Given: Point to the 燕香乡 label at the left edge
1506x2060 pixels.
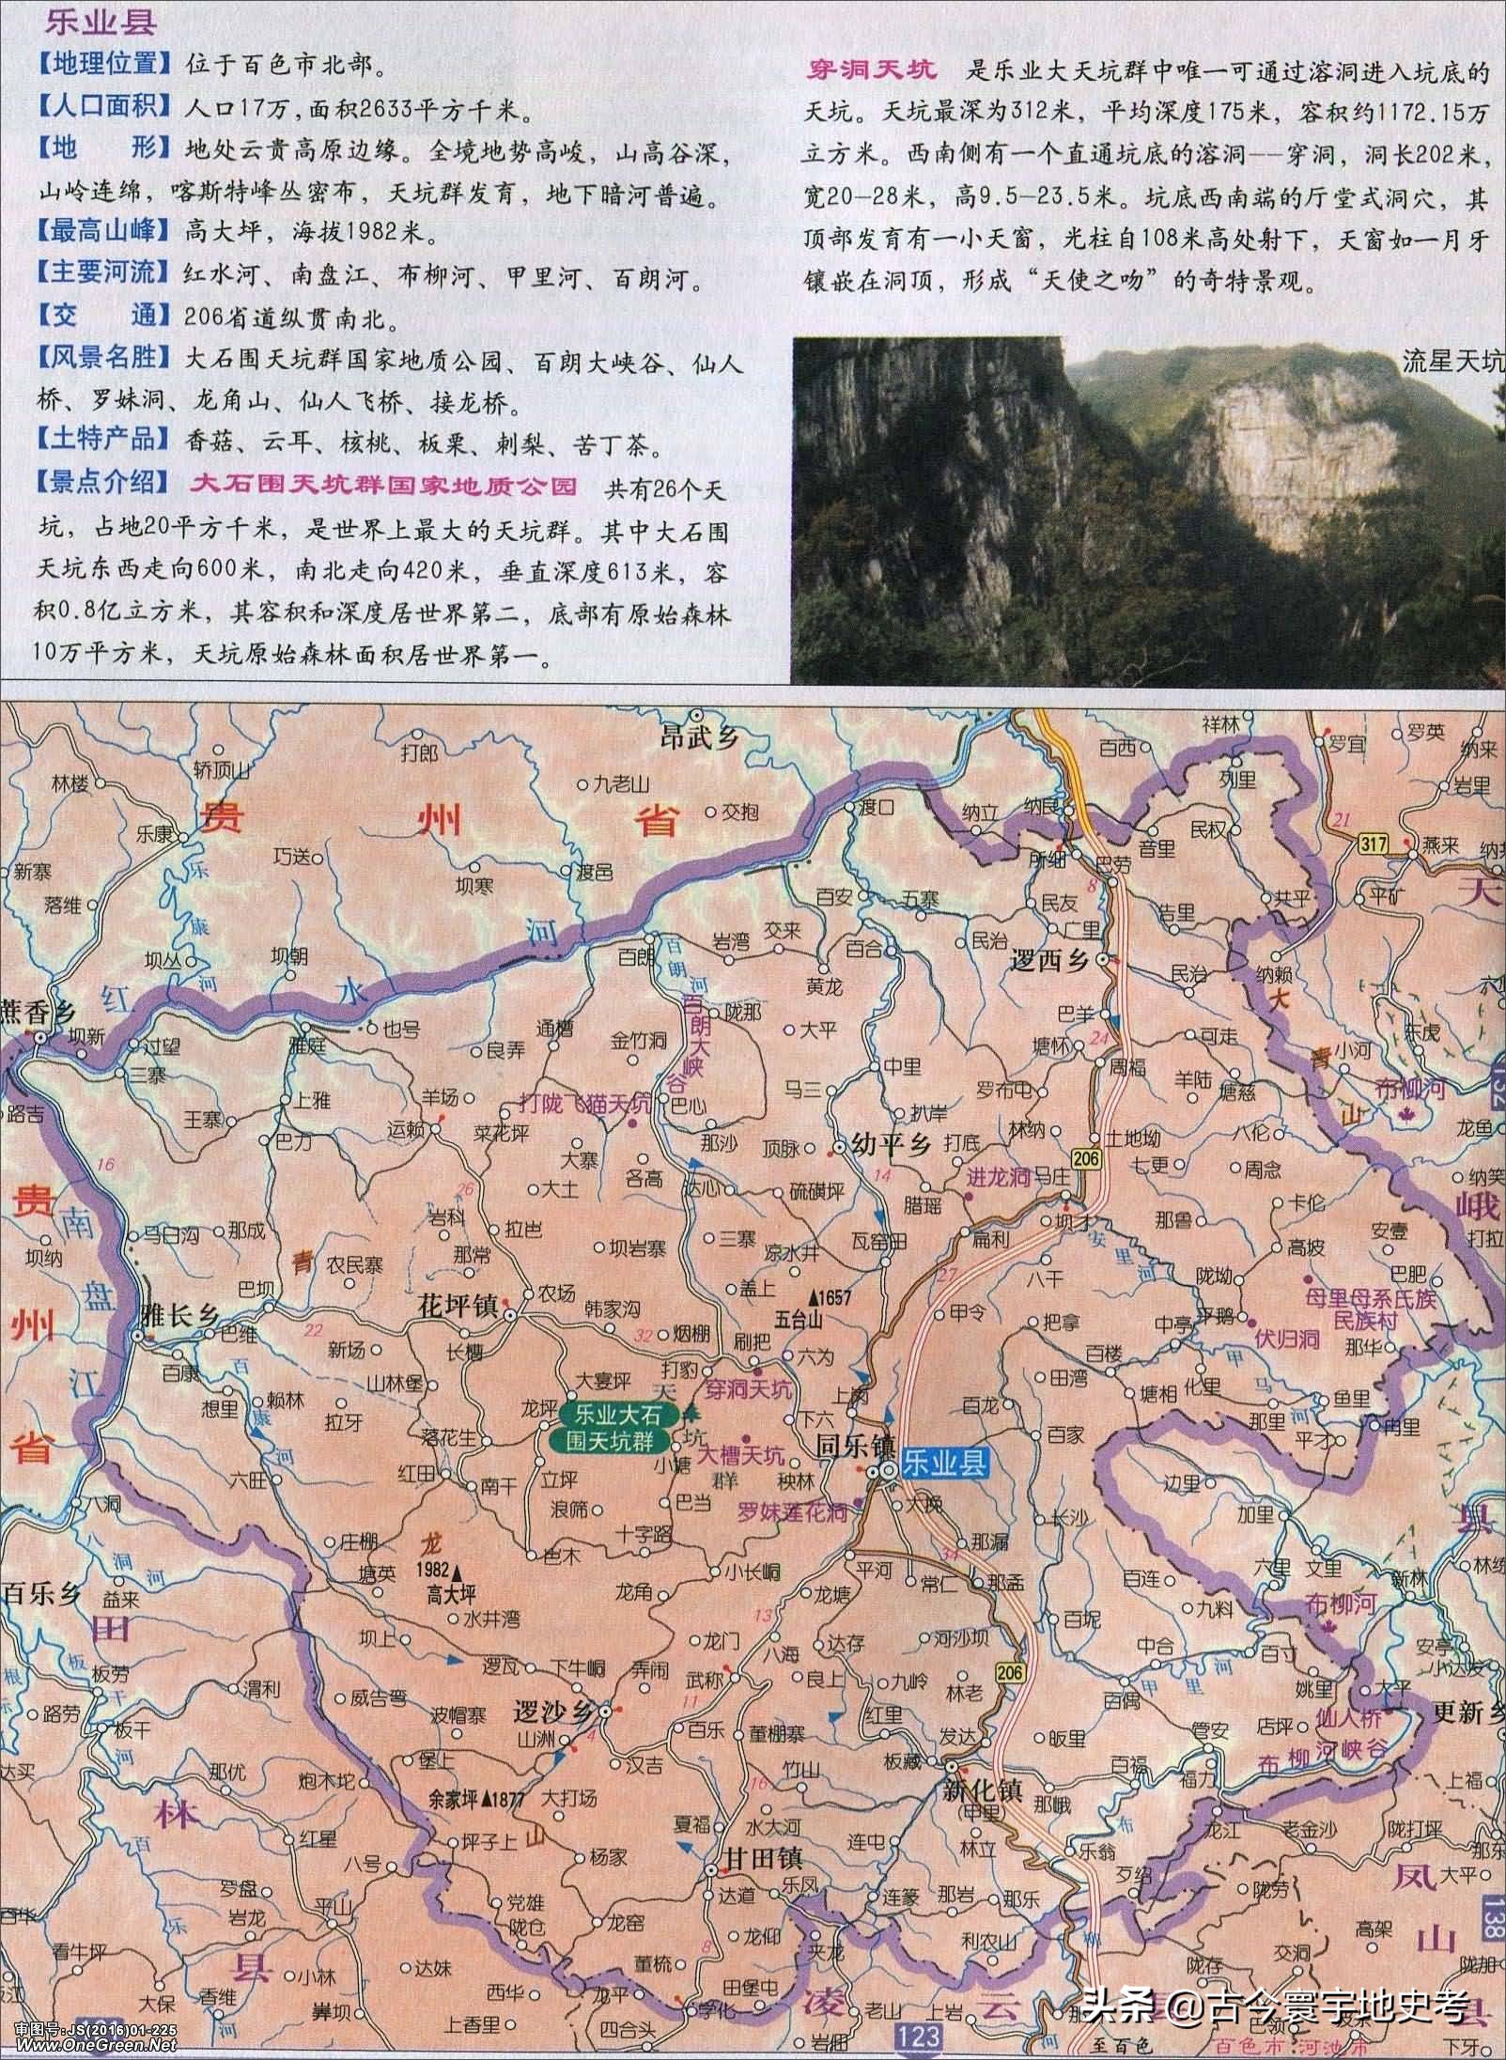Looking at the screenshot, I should [38, 1008].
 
